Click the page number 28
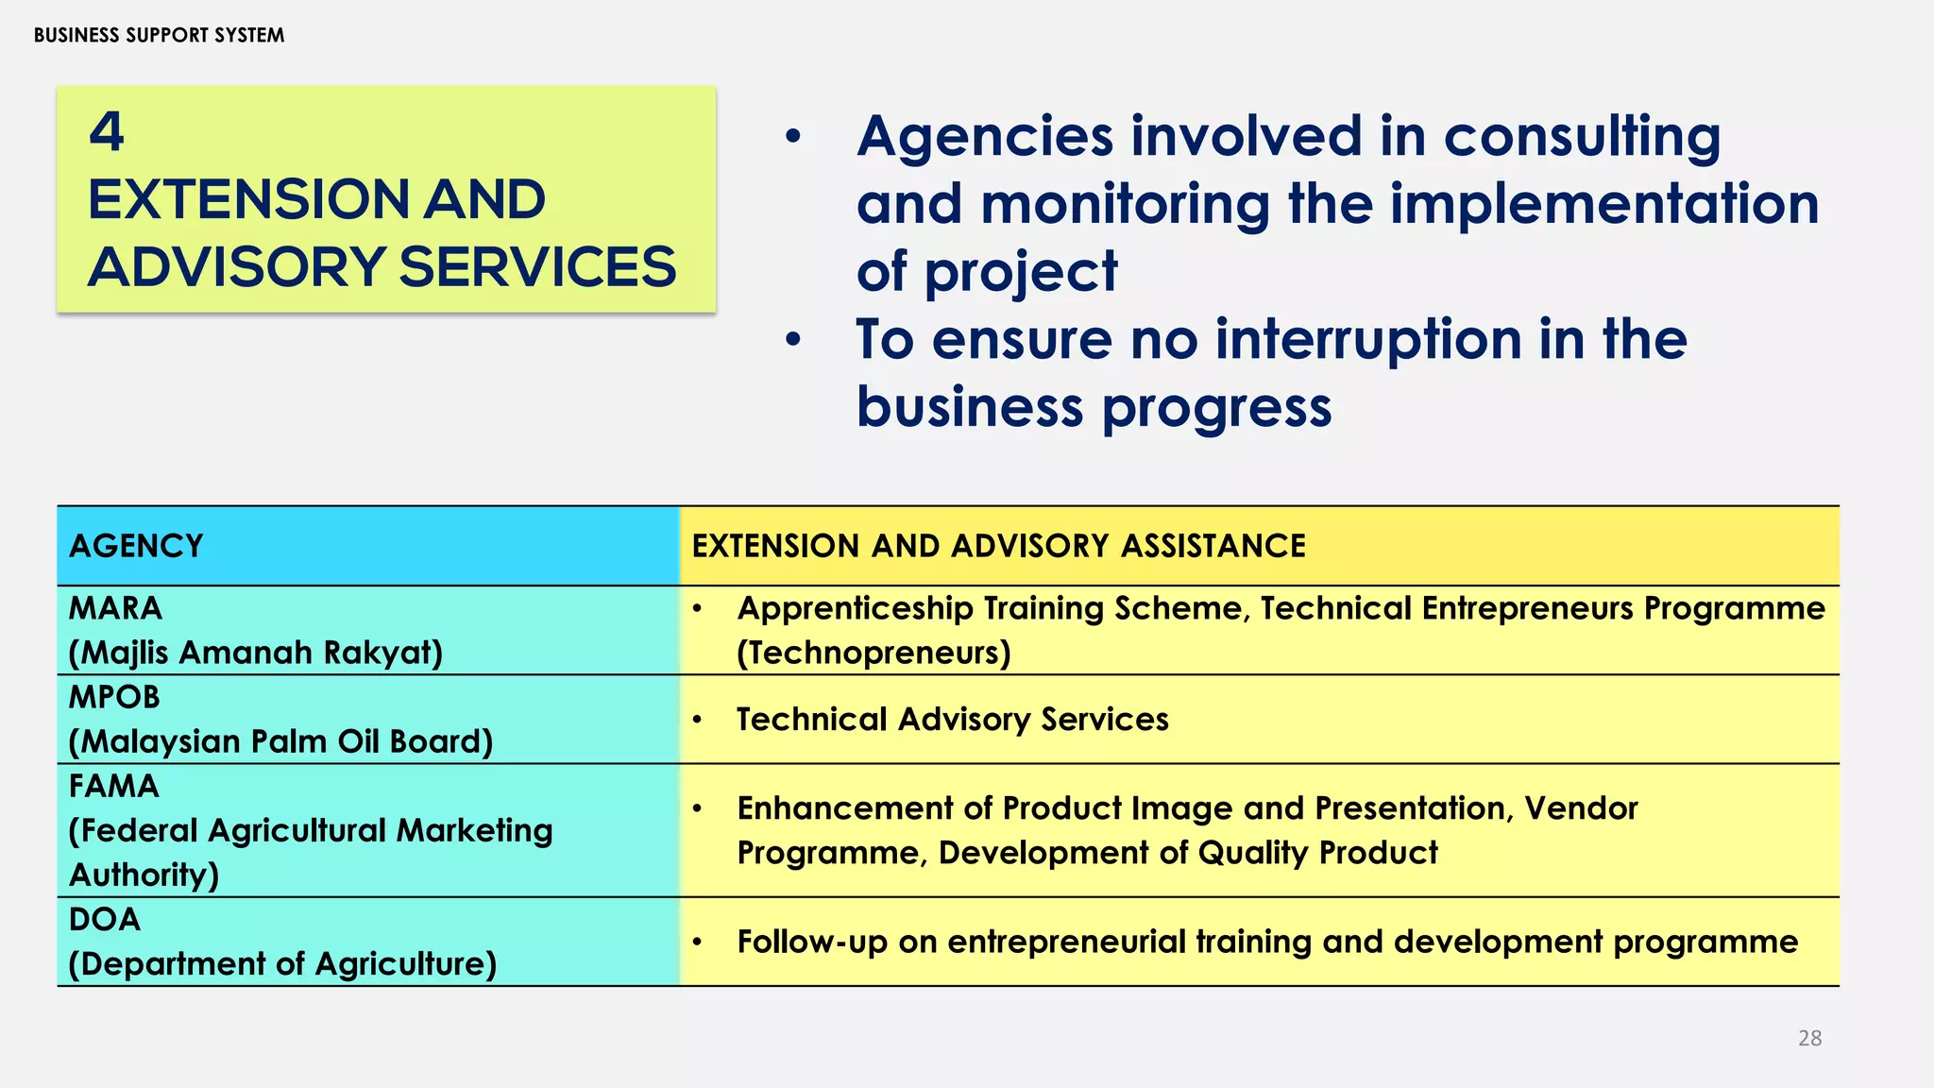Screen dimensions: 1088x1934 coord(1809,1038)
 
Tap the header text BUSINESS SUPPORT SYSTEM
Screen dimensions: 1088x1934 coord(159,35)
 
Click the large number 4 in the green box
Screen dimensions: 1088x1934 coord(107,131)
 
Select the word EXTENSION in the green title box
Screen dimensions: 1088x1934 coord(247,199)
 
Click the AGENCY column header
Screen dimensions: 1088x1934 coord(136,546)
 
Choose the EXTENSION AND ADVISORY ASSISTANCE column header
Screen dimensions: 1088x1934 coord(998,546)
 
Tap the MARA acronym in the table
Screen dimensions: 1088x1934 coord(115,608)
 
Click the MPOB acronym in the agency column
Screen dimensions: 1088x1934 coord(114,697)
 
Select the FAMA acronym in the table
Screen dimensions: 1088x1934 coord(114,786)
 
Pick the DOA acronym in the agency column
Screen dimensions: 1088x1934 coord(105,919)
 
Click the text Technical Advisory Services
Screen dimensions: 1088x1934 coord(952,720)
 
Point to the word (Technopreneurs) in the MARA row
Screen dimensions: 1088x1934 coord(874,653)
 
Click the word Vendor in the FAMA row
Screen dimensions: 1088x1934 coord(1581,808)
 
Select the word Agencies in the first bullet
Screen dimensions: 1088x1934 coord(985,137)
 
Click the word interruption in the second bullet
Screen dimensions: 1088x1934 coord(1368,339)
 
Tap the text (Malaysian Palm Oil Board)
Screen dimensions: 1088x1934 coord(280,741)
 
